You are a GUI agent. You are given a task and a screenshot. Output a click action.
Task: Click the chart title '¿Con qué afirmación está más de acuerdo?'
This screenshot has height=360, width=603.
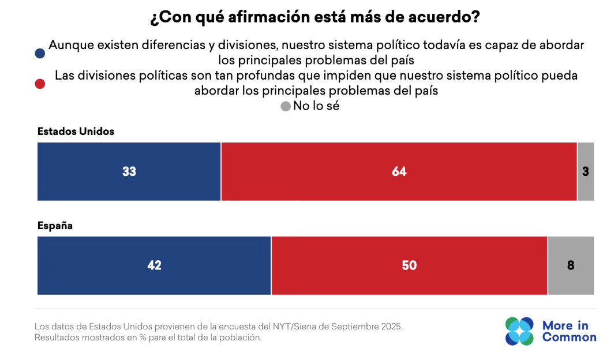[x=314, y=17]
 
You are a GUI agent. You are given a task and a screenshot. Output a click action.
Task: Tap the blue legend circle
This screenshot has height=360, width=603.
[x=40, y=53]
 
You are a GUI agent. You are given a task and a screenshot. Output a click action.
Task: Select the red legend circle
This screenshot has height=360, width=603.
[x=40, y=84]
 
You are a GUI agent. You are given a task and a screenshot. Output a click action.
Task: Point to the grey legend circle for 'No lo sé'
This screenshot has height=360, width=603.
[x=285, y=106]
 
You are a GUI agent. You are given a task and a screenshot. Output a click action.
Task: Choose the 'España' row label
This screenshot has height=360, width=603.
[x=55, y=226]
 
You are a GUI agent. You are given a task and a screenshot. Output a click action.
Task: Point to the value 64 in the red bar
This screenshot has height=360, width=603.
[x=399, y=172]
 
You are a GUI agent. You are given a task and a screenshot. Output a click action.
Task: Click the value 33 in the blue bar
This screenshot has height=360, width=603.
[x=129, y=172]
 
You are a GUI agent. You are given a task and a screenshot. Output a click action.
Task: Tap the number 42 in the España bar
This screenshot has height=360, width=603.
[x=154, y=266]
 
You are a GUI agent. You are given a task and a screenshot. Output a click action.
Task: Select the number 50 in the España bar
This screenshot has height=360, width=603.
[x=409, y=266]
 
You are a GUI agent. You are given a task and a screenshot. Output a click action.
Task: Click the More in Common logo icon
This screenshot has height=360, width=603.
[x=519, y=331]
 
